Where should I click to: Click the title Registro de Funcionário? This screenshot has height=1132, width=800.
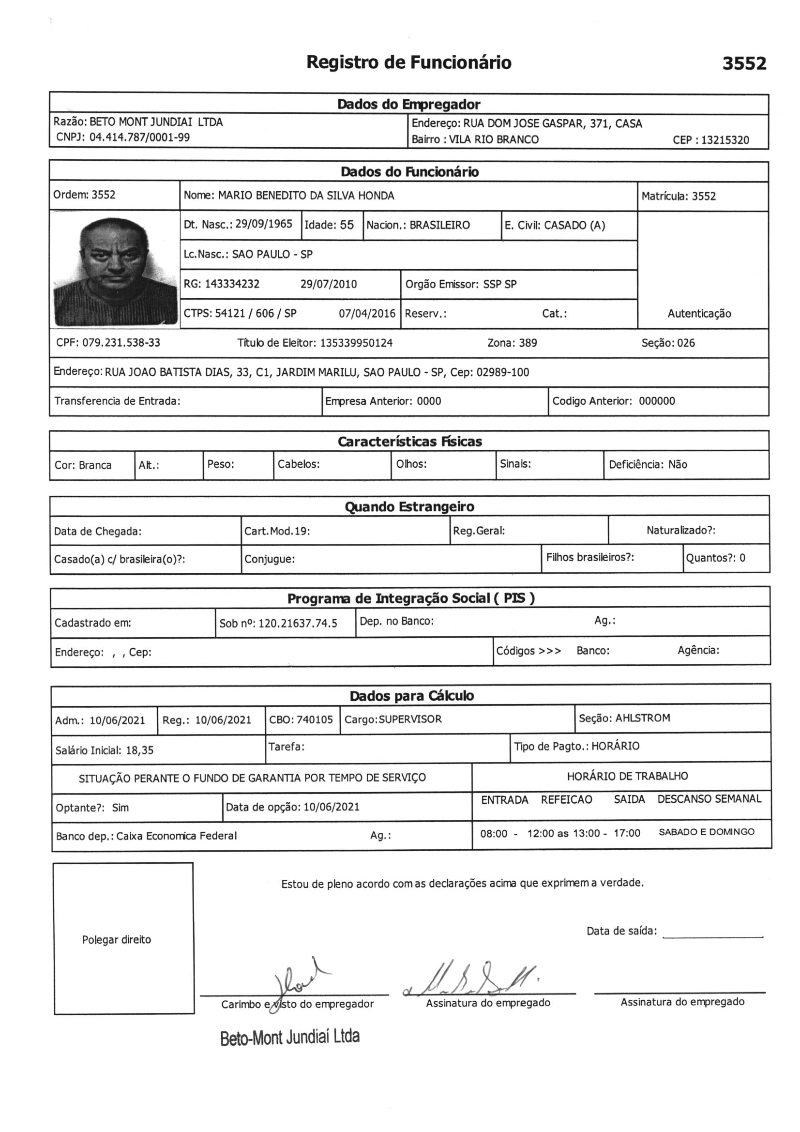(x=408, y=62)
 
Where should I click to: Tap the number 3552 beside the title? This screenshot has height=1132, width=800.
(x=744, y=63)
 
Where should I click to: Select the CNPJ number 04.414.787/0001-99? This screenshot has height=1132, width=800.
(x=139, y=137)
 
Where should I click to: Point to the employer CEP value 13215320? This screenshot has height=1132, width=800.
(x=725, y=140)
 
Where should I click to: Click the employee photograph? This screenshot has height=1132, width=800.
(x=115, y=270)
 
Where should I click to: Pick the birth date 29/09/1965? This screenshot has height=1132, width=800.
(x=264, y=224)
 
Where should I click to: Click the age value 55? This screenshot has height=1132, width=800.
(x=347, y=225)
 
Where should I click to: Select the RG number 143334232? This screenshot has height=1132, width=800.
(x=232, y=284)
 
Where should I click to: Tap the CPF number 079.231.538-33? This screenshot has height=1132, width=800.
(x=121, y=343)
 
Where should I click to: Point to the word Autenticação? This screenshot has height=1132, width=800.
(x=699, y=314)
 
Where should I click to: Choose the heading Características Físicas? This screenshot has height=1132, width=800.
(x=409, y=441)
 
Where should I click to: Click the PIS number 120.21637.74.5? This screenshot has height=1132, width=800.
(x=298, y=623)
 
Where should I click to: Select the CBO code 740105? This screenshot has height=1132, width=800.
(x=315, y=720)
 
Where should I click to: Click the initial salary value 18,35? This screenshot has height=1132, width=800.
(x=139, y=750)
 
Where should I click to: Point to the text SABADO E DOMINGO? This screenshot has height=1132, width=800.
(x=706, y=832)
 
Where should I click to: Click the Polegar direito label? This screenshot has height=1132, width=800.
(x=116, y=940)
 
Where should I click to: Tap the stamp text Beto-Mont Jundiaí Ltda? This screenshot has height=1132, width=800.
(x=290, y=1037)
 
